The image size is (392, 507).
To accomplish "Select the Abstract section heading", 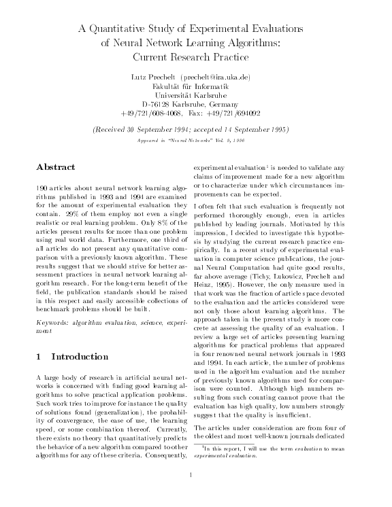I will coord(55,165).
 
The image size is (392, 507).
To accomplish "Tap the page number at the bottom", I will coord(195,493).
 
